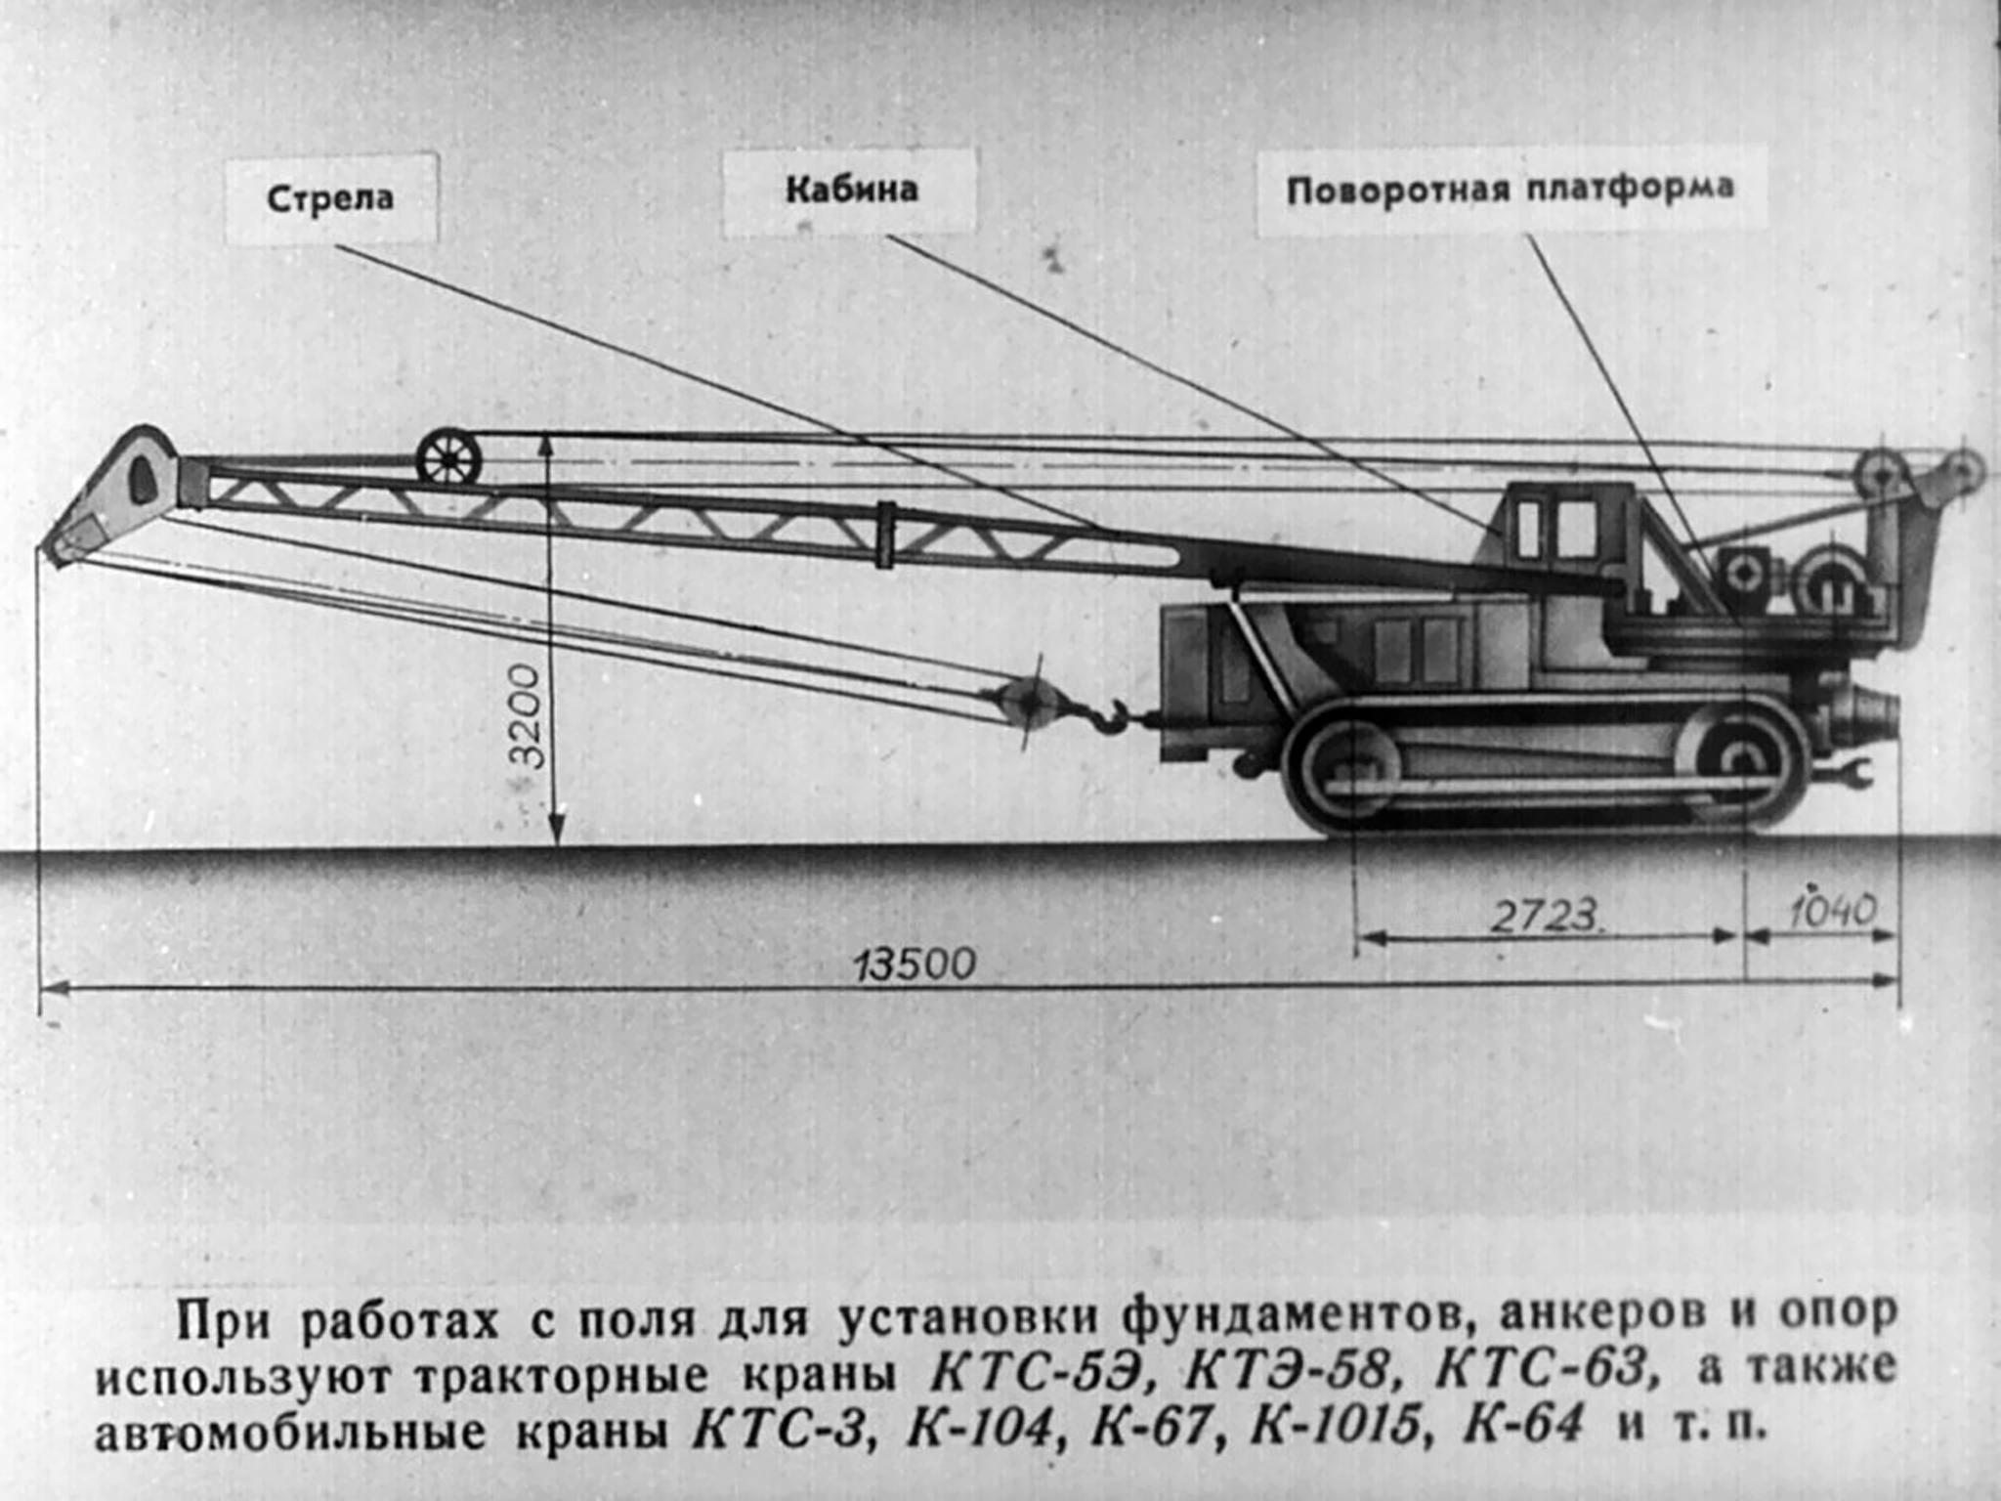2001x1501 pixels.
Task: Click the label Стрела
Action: tap(330, 198)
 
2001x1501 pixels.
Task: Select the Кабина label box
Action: tap(851, 190)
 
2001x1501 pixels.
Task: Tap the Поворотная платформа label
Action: tap(1510, 189)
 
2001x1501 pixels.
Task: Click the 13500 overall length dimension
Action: tap(915, 965)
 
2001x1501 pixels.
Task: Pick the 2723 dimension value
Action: tap(1544, 917)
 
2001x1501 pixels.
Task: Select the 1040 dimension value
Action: tap(1831, 911)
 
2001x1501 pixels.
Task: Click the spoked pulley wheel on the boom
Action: tap(448, 457)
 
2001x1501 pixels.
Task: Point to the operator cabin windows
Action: tap(1554, 528)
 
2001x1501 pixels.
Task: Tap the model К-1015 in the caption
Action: tap(1335, 1426)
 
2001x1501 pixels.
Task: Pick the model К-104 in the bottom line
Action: tap(983, 1426)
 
